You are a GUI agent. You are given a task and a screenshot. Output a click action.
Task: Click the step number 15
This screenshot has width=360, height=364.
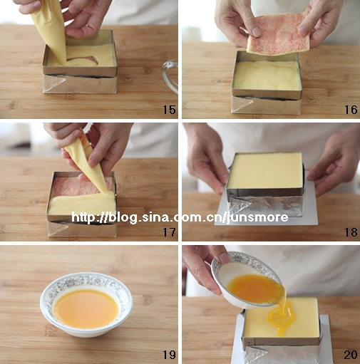(x=169, y=110)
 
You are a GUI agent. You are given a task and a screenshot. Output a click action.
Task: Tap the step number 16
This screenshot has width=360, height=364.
(x=351, y=110)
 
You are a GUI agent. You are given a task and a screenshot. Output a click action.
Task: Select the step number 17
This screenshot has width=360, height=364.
(x=169, y=232)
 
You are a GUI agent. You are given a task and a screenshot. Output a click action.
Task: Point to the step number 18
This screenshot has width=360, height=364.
(x=351, y=232)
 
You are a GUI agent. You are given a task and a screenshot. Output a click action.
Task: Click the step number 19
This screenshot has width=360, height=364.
(x=169, y=355)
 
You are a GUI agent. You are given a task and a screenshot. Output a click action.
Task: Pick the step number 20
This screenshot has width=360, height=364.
(x=351, y=355)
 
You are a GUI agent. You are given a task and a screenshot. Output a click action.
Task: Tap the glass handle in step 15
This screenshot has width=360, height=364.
(x=169, y=76)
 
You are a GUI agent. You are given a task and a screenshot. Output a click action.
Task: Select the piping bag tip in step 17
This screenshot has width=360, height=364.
(x=106, y=191)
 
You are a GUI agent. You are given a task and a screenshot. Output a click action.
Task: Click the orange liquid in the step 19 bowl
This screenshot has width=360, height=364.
(x=86, y=308)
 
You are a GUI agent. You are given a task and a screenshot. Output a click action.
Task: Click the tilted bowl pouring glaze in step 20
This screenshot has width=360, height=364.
(x=247, y=280)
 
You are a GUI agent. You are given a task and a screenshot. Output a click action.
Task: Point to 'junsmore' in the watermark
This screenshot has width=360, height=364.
(x=257, y=218)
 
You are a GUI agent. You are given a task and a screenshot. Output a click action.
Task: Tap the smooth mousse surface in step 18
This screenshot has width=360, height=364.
(x=266, y=171)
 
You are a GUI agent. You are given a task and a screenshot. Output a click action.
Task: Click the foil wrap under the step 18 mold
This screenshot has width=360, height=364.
(x=265, y=206)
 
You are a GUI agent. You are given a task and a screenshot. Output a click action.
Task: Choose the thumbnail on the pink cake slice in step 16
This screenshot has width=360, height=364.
(x=256, y=32)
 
